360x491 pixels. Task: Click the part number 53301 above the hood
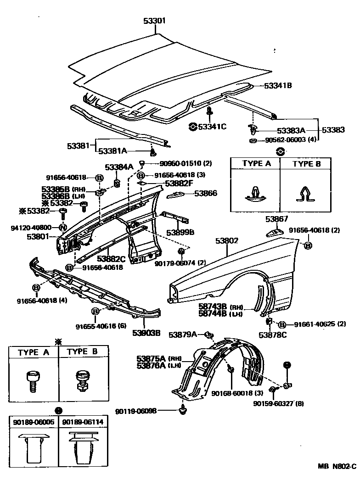pos(155,21)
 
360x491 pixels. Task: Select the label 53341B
pos(278,85)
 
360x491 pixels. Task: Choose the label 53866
pos(205,194)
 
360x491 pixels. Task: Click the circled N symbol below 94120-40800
pos(62,228)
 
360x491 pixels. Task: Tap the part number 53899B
pos(180,233)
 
